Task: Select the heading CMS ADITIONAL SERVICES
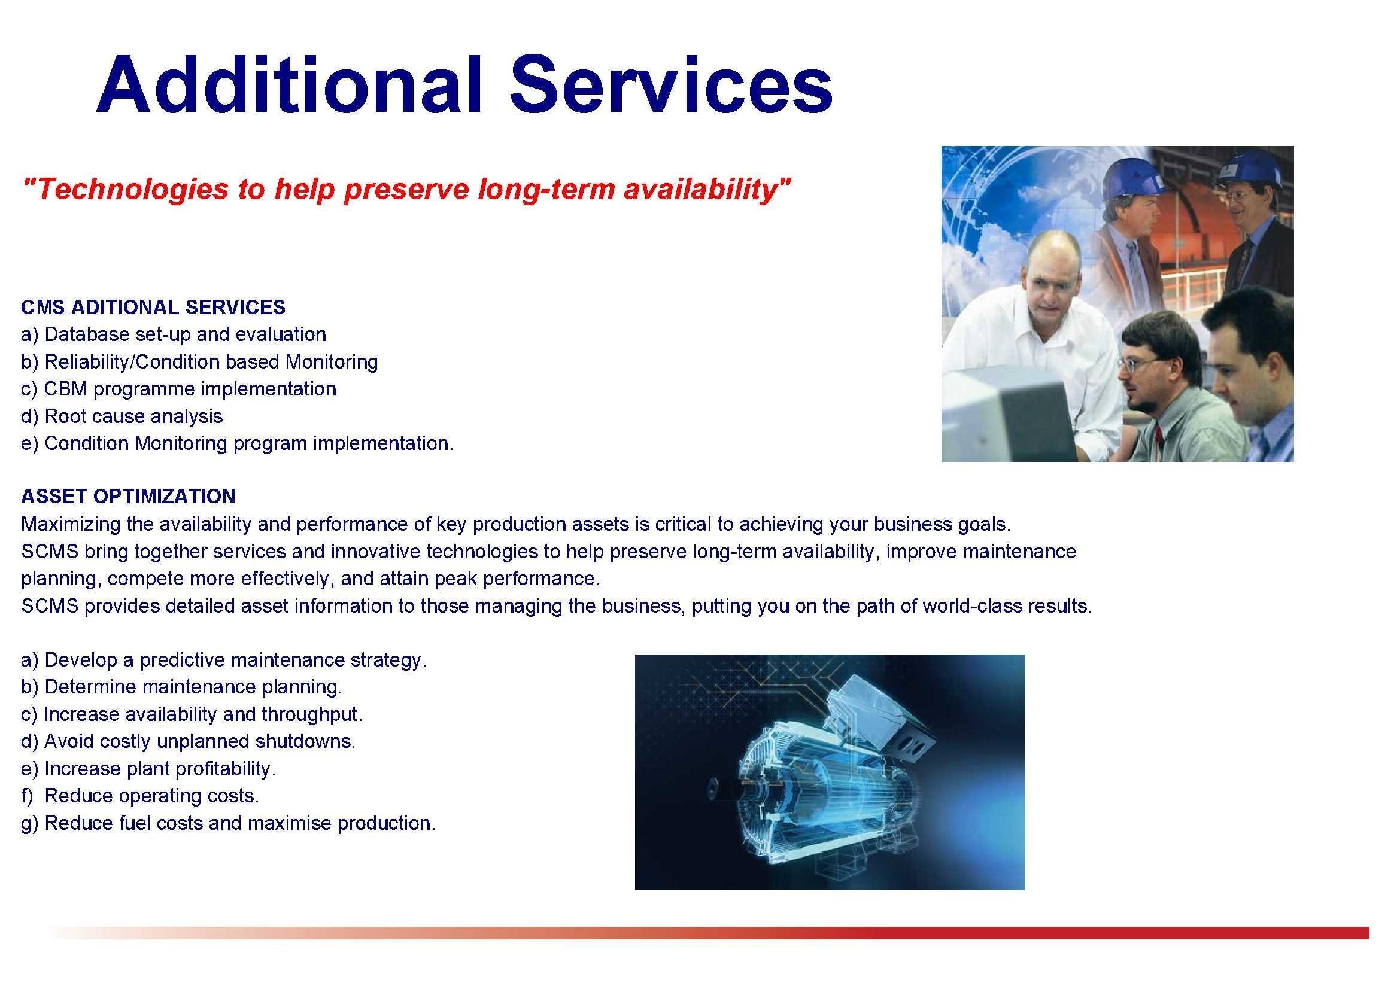(x=153, y=307)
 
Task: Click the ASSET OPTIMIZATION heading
(x=128, y=496)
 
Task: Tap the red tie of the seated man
(x=1159, y=441)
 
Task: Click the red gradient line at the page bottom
(x=708, y=933)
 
